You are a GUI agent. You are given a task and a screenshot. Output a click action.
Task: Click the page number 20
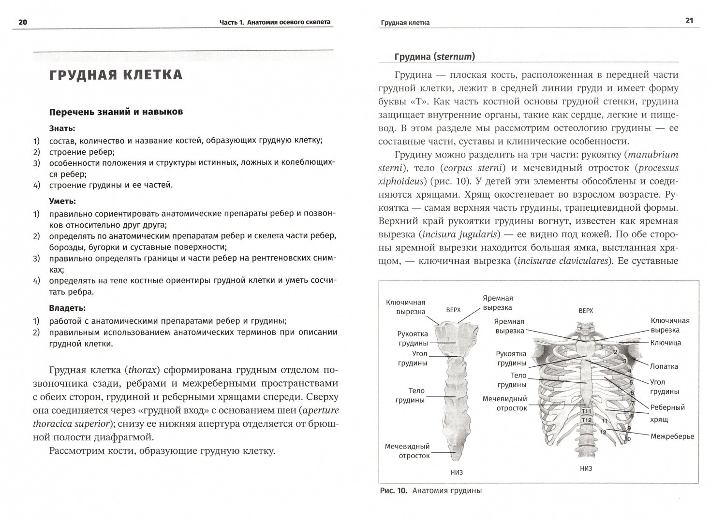point(23,22)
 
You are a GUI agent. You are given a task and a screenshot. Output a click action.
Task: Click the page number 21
point(689,20)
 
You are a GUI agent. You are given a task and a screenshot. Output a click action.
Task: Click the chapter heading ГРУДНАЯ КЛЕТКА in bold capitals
point(116,75)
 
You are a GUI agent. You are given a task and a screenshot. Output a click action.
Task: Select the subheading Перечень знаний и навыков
point(116,112)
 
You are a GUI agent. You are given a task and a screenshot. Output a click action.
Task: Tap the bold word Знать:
point(62,129)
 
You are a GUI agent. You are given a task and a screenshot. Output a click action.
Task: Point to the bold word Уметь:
point(62,201)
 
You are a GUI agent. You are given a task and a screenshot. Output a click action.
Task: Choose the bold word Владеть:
point(67,307)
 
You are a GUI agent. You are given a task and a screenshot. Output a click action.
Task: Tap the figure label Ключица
point(666,343)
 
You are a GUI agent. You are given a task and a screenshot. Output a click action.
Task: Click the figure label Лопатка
point(664,366)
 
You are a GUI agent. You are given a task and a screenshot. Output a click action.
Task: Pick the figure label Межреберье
point(672,436)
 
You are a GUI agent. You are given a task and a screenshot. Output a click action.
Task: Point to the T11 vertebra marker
point(586,411)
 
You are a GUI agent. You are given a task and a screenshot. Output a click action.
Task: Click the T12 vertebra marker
point(586,420)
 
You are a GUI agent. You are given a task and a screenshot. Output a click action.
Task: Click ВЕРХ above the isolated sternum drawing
point(453,310)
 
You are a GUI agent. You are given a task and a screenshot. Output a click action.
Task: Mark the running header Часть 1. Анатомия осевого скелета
point(275,22)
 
